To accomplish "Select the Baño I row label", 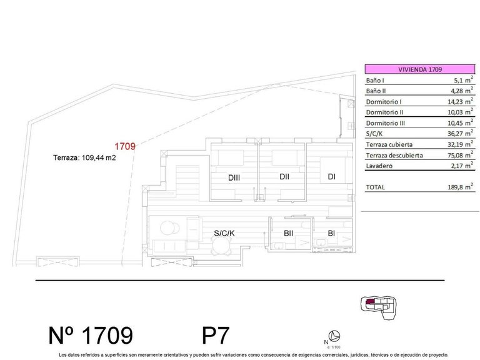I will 375,81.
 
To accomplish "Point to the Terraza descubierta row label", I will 394,155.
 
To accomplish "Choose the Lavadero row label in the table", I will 379,166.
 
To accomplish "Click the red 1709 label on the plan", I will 125,146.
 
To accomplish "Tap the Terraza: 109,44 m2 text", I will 85,158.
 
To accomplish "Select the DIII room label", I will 234,177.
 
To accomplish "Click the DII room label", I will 284,176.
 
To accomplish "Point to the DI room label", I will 331,176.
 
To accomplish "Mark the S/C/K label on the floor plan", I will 224,233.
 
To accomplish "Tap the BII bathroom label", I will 289,234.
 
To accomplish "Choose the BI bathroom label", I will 331,234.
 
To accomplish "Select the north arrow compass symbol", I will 335,335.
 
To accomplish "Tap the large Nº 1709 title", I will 91,336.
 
